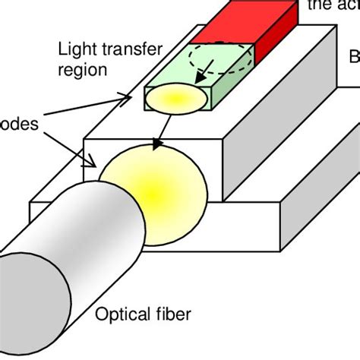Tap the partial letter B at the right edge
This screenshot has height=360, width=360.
point(353,56)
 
